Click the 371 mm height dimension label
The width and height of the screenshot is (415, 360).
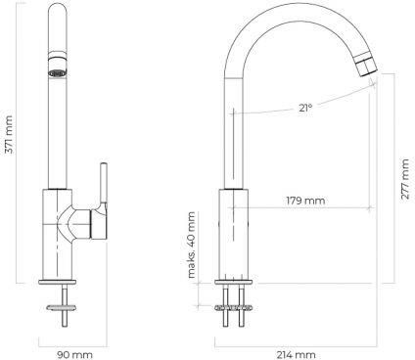9,134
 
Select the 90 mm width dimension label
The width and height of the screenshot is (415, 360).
74,354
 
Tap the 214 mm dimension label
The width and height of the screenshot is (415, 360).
297,354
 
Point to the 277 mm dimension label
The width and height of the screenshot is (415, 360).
405,179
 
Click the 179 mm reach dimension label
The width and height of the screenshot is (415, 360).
305,201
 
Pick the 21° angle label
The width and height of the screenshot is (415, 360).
305,108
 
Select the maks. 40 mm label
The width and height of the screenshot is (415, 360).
192,245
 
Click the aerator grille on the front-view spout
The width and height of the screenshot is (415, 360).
58,73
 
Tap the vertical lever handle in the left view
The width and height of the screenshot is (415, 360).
104,183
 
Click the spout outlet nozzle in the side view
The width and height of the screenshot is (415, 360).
366,66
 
